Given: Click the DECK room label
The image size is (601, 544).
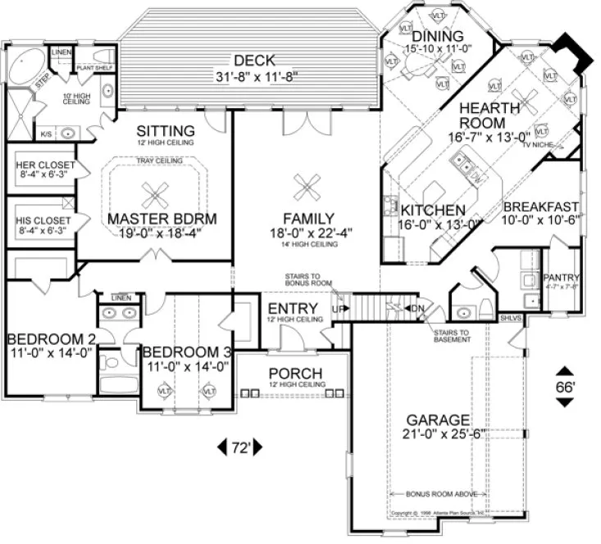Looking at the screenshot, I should point(253,61).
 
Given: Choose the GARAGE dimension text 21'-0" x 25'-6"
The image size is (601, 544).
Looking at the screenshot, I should point(445,433).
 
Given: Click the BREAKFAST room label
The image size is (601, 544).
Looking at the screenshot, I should point(541,206).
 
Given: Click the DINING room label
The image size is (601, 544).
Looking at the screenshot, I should point(438,37).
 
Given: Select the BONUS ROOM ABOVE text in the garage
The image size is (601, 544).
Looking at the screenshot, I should point(440,494).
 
